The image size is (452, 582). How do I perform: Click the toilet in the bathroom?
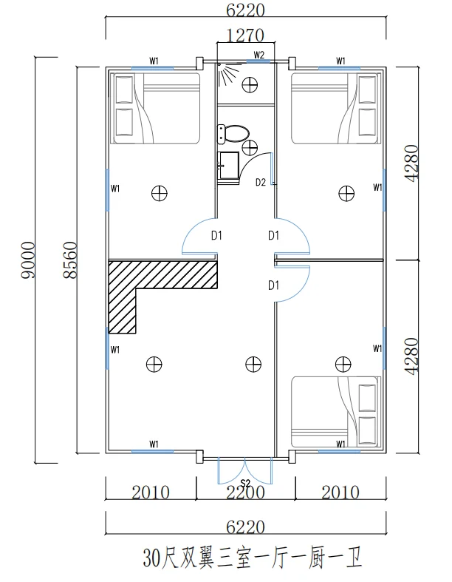coord(233,134)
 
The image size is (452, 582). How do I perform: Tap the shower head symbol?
coord(228,74)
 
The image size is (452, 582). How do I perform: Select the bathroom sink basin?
coord(228,166)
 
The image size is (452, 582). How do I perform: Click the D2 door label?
coord(261,182)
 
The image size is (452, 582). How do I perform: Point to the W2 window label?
coord(258,55)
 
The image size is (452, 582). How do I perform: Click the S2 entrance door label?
coord(245,483)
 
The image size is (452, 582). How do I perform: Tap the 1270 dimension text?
coord(245,36)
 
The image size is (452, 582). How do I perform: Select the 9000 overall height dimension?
coord(28,260)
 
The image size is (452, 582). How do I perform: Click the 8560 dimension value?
coord(70,260)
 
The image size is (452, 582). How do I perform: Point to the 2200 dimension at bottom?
coord(245,493)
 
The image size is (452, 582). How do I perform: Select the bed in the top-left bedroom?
coord(157,108)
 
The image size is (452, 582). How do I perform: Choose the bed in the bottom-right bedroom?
coord(336,412)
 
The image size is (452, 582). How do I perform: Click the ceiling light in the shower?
coord(250,84)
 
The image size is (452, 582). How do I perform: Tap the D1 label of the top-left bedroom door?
coord(216,235)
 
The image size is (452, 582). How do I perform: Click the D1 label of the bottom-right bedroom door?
coord(274,285)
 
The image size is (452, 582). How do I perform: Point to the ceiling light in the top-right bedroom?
coord(346,193)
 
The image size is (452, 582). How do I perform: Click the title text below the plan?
coord(253,558)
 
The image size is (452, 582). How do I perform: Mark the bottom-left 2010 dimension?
coord(151,493)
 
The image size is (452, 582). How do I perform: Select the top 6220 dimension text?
coord(245,10)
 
